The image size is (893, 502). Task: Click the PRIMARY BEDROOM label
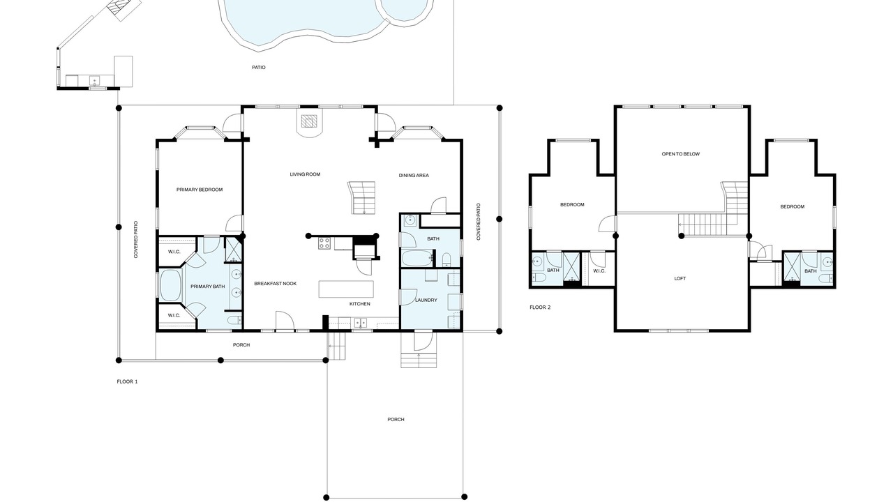[200, 190]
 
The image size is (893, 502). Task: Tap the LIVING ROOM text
[305, 174]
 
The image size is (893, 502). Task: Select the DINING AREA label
[414, 175]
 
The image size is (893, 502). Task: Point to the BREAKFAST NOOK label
[276, 284]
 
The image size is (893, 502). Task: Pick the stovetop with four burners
[324, 243]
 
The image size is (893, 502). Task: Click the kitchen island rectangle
[346, 289]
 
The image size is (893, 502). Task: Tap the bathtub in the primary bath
[170, 285]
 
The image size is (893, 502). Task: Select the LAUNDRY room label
[426, 300]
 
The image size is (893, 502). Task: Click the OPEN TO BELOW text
[680, 154]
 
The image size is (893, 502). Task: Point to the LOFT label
[680, 278]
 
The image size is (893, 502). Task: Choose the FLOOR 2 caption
[540, 307]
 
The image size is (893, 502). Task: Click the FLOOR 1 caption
[127, 381]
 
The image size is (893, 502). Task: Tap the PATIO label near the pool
[259, 68]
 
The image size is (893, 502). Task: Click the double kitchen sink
[361, 322]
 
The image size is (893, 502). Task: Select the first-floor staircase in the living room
[362, 197]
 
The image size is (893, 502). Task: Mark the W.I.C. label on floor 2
[599, 271]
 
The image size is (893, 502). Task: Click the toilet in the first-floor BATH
[446, 259]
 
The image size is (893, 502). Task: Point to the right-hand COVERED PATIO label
[479, 222]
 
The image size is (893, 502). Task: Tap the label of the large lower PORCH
[396, 419]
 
